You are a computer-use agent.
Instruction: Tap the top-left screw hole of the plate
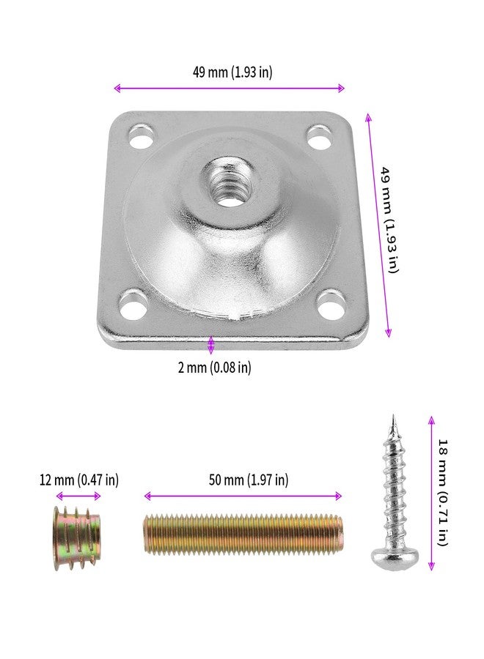(x=142, y=136)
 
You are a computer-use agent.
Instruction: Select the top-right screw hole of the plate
(x=318, y=137)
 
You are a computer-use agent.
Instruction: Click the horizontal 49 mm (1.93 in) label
(x=232, y=72)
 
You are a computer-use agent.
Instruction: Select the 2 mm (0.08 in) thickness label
(x=214, y=368)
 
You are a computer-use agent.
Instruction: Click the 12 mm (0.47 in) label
(x=78, y=480)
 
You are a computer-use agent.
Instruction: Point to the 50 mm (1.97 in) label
(x=249, y=480)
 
